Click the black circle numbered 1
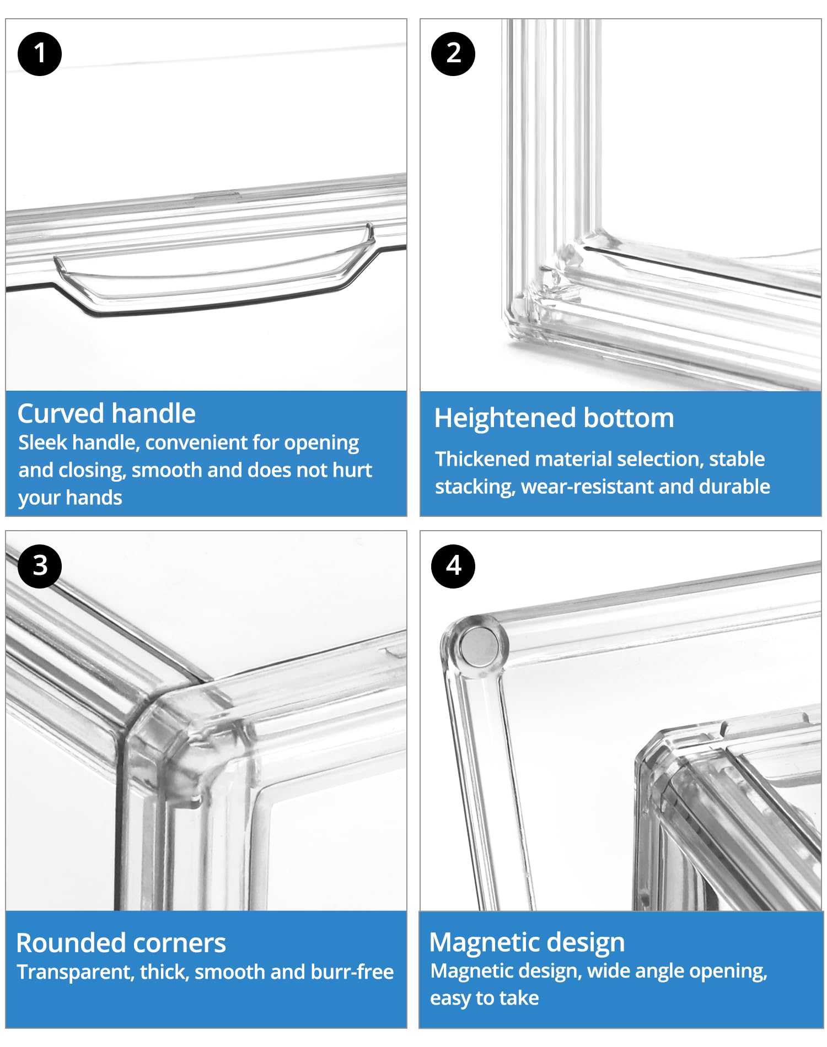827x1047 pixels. (x=40, y=53)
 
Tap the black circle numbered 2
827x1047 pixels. (x=453, y=53)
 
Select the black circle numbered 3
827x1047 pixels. (x=40, y=566)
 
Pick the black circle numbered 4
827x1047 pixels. (x=453, y=566)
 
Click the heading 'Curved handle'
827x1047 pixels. (x=106, y=413)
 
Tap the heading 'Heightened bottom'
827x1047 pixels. (x=554, y=418)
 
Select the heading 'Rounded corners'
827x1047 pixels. (x=121, y=943)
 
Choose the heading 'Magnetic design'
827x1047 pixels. (x=527, y=943)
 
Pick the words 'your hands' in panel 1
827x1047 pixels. (x=70, y=498)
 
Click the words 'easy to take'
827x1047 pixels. (x=485, y=998)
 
